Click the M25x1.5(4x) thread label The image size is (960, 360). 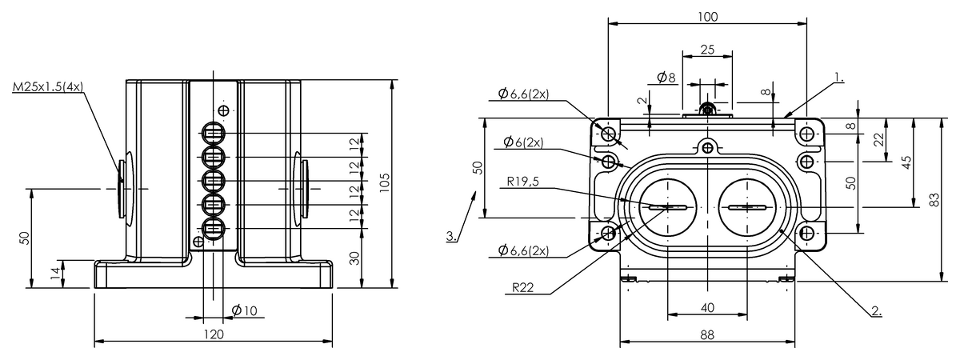[47, 86]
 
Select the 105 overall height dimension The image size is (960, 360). [384, 182]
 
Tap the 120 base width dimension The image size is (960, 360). [213, 334]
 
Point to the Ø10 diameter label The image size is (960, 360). [244, 310]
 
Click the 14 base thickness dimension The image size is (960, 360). [54, 272]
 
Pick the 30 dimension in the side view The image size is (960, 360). [354, 257]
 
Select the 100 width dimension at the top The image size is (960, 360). [707, 17]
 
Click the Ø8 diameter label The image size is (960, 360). [666, 78]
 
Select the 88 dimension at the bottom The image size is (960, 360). [707, 335]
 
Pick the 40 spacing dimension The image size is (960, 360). [707, 307]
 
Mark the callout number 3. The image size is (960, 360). [452, 237]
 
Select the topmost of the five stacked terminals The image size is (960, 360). [214, 133]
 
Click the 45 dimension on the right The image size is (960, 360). [906, 162]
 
